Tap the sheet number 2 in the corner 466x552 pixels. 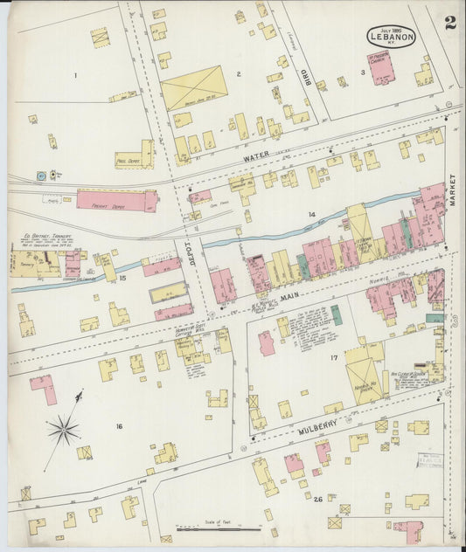[x=449, y=24]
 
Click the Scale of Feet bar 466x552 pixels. [x=219, y=528]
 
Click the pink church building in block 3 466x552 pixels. [x=381, y=67]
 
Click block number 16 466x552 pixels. [x=119, y=426]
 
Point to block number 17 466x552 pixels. [x=333, y=358]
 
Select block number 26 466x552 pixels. [x=319, y=500]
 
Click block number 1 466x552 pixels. [x=75, y=75]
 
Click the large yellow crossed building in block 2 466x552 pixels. [x=194, y=88]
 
